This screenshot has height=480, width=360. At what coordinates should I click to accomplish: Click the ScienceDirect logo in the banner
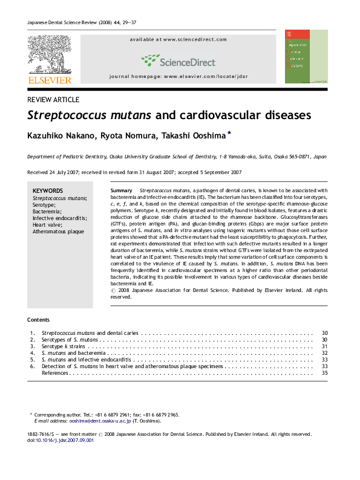tap(178, 60)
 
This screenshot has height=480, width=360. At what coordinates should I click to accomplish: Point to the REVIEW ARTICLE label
tap(53, 99)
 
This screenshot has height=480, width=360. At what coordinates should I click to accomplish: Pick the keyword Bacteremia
tap(48, 212)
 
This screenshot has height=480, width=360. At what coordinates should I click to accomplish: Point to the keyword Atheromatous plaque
tap(58, 232)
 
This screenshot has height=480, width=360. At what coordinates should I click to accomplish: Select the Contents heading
tap(38, 319)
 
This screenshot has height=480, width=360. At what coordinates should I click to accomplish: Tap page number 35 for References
tap(324, 373)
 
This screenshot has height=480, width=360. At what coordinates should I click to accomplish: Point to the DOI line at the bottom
tap(60, 441)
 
